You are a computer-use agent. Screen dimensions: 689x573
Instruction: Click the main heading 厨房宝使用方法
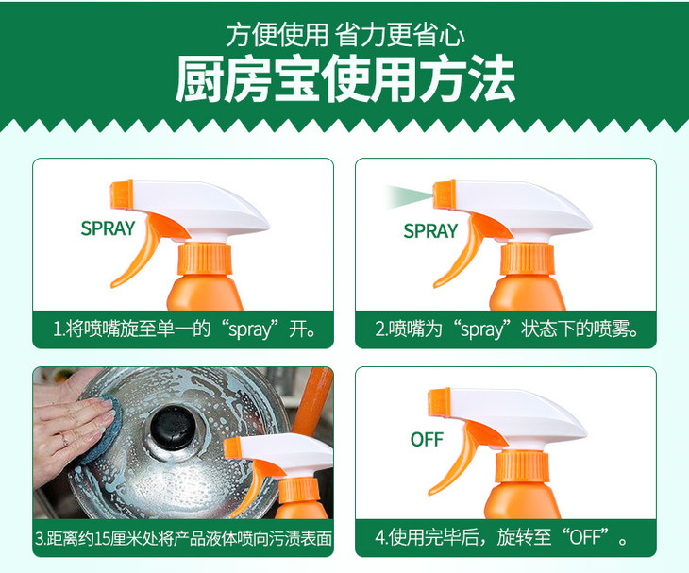click(x=344, y=79)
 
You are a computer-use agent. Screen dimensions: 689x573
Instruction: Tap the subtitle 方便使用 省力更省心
click(x=344, y=35)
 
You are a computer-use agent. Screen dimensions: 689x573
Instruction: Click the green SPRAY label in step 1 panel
click(x=108, y=228)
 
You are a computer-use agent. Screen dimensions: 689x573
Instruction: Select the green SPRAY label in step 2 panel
click(x=430, y=231)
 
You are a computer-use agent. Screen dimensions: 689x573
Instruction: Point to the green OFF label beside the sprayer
click(x=427, y=439)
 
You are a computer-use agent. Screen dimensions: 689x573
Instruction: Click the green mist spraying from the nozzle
click(x=409, y=196)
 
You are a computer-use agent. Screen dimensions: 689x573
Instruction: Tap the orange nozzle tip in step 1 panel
click(x=122, y=194)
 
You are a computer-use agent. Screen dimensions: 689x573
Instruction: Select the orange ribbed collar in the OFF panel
click(x=522, y=465)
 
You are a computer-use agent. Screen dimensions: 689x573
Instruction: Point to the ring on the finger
click(x=64, y=439)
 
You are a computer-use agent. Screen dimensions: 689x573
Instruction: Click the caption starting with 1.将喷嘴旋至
click(x=184, y=329)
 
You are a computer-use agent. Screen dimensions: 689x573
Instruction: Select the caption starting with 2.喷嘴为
click(x=507, y=329)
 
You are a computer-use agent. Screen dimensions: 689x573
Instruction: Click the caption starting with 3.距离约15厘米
click(x=183, y=538)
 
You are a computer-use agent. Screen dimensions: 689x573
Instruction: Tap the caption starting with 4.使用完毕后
click(x=501, y=537)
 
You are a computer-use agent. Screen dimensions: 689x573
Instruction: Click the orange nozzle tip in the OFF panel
click(x=440, y=403)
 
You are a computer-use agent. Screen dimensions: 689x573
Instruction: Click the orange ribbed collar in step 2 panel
click(x=527, y=260)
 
